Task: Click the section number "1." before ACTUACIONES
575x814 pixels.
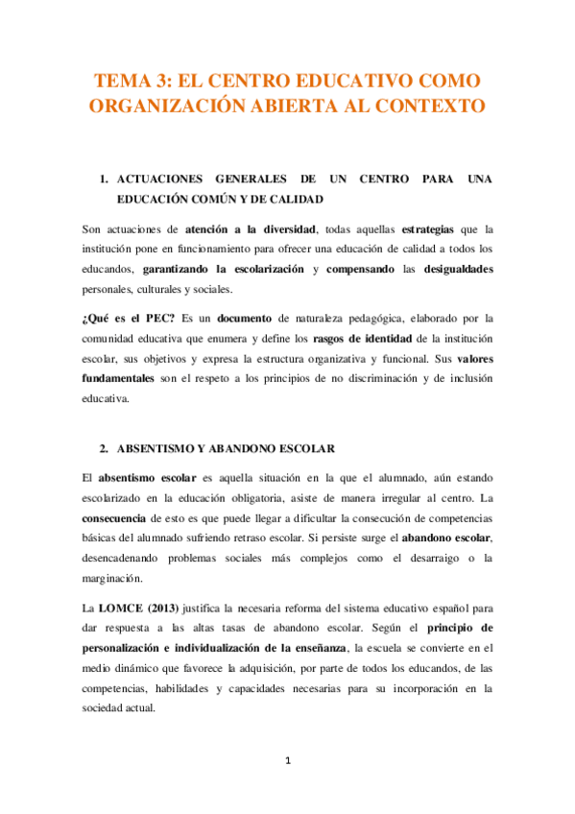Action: pyautogui.click(x=106, y=180)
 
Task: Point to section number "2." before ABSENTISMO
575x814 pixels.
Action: pyautogui.click(x=106, y=448)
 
